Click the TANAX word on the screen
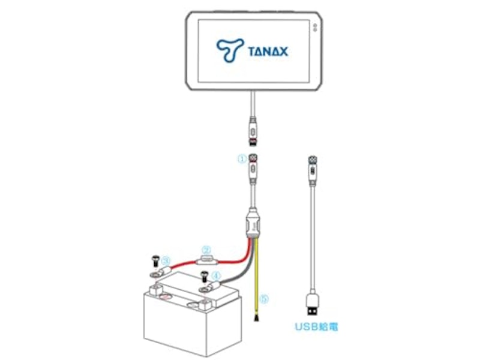(268, 51)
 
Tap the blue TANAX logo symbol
(230, 50)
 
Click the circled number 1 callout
(242, 159)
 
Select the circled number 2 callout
(207, 250)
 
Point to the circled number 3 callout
(166, 261)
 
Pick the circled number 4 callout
(217, 276)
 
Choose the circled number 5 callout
(264, 298)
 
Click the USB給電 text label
(316, 326)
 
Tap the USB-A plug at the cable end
(312, 304)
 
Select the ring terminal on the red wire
(160, 272)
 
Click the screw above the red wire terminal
(155, 260)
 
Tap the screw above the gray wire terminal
(204, 276)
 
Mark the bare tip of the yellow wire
(256, 319)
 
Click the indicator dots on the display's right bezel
(314, 28)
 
